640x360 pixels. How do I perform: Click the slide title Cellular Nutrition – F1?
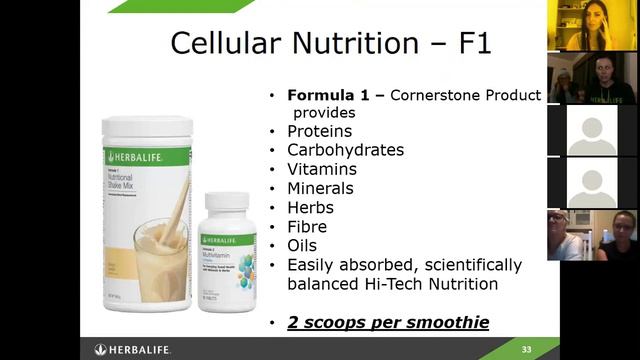point(331,43)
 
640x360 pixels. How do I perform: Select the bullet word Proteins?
point(319,131)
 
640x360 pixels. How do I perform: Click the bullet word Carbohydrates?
point(345,150)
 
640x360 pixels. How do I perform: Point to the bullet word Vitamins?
point(321,169)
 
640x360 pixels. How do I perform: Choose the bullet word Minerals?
point(320,188)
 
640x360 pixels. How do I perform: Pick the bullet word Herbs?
point(310,207)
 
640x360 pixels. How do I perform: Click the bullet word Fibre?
point(308,226)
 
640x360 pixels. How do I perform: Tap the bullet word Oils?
point(302,245)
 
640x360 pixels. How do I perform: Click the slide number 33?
point(526,349)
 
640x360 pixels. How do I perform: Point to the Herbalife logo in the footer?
point(135,349)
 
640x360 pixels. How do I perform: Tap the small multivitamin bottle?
point(227,250)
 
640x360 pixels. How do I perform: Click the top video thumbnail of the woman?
point(592,26)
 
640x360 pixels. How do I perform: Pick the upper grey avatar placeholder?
point(592,130)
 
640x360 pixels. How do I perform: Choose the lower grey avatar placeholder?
point(592,182)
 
